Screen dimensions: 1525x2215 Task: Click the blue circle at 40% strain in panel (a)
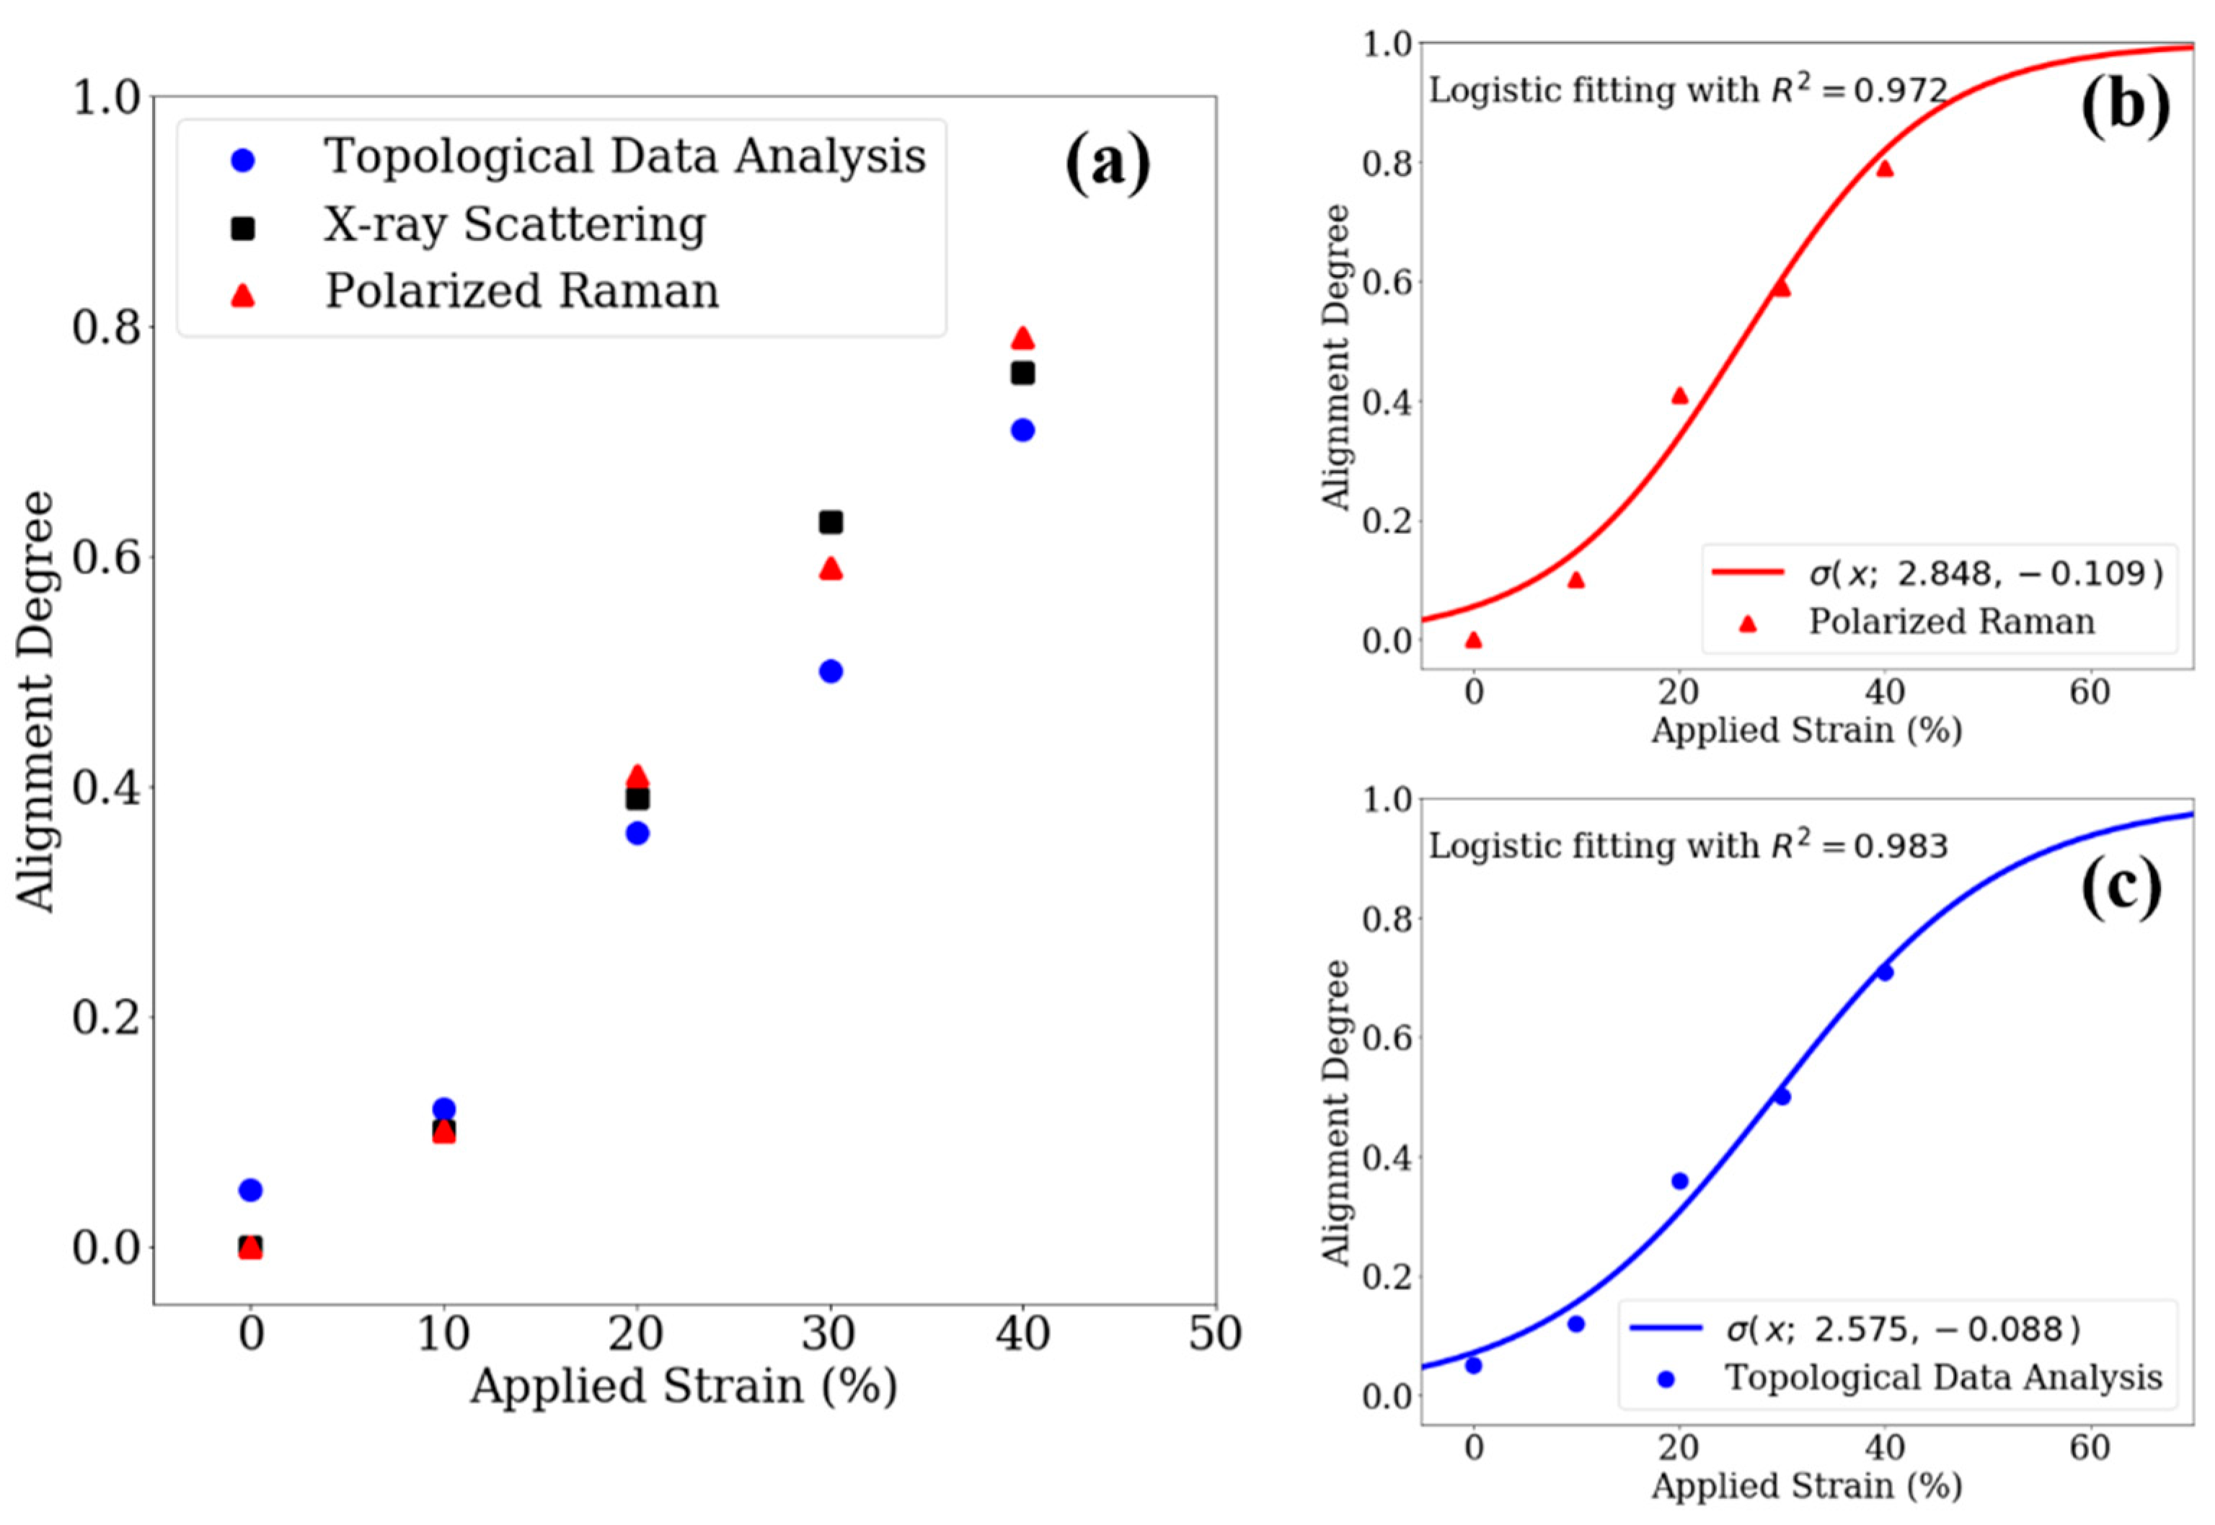(1022, 430)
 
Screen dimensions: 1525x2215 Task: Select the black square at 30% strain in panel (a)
(831, 522)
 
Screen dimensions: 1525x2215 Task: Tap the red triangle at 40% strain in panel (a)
(1022, 338)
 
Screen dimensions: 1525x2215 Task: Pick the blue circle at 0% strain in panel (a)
(250, 1190)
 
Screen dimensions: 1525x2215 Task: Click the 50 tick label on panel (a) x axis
(1214, 1334)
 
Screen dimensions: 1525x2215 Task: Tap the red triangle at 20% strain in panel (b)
(1680, 396)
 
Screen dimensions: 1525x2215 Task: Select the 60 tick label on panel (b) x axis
(2089, 691)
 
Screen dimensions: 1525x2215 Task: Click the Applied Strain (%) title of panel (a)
(684, 1387)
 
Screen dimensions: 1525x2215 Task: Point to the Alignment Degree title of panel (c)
(1337, 1113)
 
